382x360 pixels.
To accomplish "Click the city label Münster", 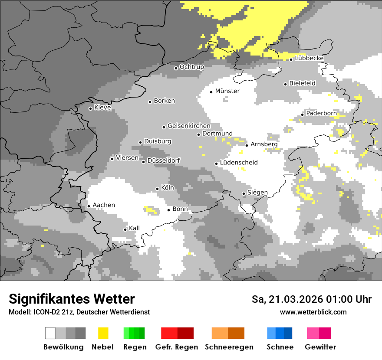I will [227, 91].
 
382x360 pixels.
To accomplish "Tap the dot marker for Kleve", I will [90, 108].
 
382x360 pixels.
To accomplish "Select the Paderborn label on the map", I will [321, 113].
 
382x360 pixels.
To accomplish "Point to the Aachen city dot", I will [89, 206].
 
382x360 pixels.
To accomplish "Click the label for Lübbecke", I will [309, 58].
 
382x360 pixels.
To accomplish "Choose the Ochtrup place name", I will [191, 67].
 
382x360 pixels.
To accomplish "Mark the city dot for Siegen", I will [244, 193].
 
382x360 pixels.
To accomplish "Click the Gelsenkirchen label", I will [189, 126].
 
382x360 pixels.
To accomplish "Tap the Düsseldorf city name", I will [163, 160].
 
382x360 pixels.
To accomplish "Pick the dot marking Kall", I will [125, 229].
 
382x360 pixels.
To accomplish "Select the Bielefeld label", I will [302, 83].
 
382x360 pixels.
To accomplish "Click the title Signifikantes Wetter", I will [72, 299].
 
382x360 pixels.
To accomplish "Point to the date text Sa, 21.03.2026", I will [284, 299].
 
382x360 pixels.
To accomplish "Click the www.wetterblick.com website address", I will [313, 312].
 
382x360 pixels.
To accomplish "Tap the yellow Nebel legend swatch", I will [103, 333].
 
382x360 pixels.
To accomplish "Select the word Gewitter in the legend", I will [320, 347].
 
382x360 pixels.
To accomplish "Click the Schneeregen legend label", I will [229, 347].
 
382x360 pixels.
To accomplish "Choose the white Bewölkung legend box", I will [50, 333].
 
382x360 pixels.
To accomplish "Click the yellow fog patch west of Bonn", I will [151, 210].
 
